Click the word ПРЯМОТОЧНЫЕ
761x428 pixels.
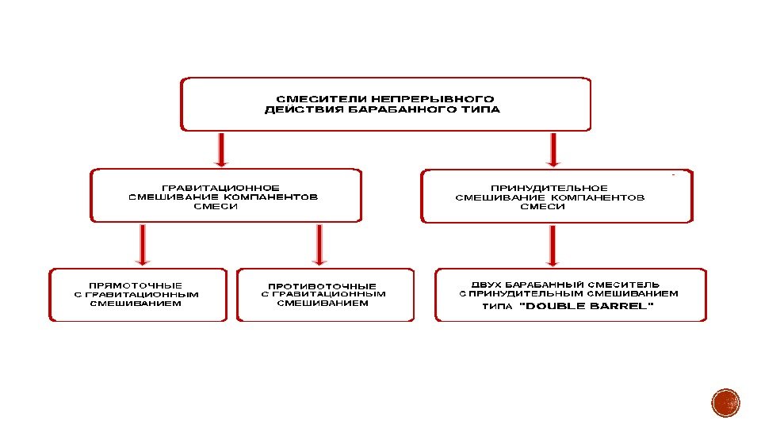(x=136, y=285)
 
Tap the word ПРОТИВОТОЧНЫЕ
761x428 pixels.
(x=322, y=286)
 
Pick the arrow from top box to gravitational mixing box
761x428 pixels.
(x=221, y=150)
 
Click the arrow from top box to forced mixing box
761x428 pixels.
(x=553, y=150)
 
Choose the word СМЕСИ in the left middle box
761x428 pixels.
(x=216, y=206)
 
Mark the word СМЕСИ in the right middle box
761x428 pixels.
(x=543, y=206)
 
